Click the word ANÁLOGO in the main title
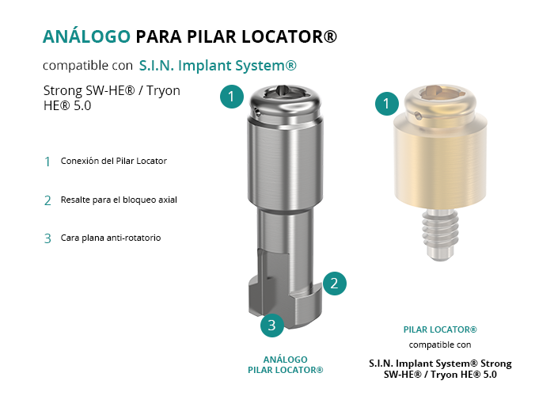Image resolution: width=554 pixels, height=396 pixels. click(86, 36)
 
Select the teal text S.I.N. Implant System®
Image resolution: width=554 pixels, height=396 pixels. click(218, 66)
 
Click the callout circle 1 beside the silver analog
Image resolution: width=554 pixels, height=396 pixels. click(232, 96)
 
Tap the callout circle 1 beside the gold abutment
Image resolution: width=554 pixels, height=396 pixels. click(387, 103)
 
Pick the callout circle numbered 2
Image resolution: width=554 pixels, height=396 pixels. click(334, 284)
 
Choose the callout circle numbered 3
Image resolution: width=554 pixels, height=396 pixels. click(272, 325)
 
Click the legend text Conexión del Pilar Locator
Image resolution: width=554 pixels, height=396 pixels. click(114, 161)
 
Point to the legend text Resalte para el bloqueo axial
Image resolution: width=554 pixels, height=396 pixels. click(119, 200)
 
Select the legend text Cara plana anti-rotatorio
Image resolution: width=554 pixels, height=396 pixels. click(111, 238)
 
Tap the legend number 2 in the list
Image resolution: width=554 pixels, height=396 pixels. click(47, 200)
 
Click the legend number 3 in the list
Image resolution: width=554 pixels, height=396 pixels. click(47, 238)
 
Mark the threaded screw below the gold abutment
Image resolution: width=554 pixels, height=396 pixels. click(440, 234)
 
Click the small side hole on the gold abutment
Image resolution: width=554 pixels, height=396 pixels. click(418, 116)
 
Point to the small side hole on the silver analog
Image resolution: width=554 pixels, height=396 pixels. click(257, 112)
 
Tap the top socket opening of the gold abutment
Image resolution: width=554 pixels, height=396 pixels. click(440, 92)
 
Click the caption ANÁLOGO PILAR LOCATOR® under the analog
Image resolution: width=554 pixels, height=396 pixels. click(286, 365)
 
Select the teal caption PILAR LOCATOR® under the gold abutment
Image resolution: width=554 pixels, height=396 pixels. click(440, 329)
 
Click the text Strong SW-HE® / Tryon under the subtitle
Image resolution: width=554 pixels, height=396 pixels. click(112, 91)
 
